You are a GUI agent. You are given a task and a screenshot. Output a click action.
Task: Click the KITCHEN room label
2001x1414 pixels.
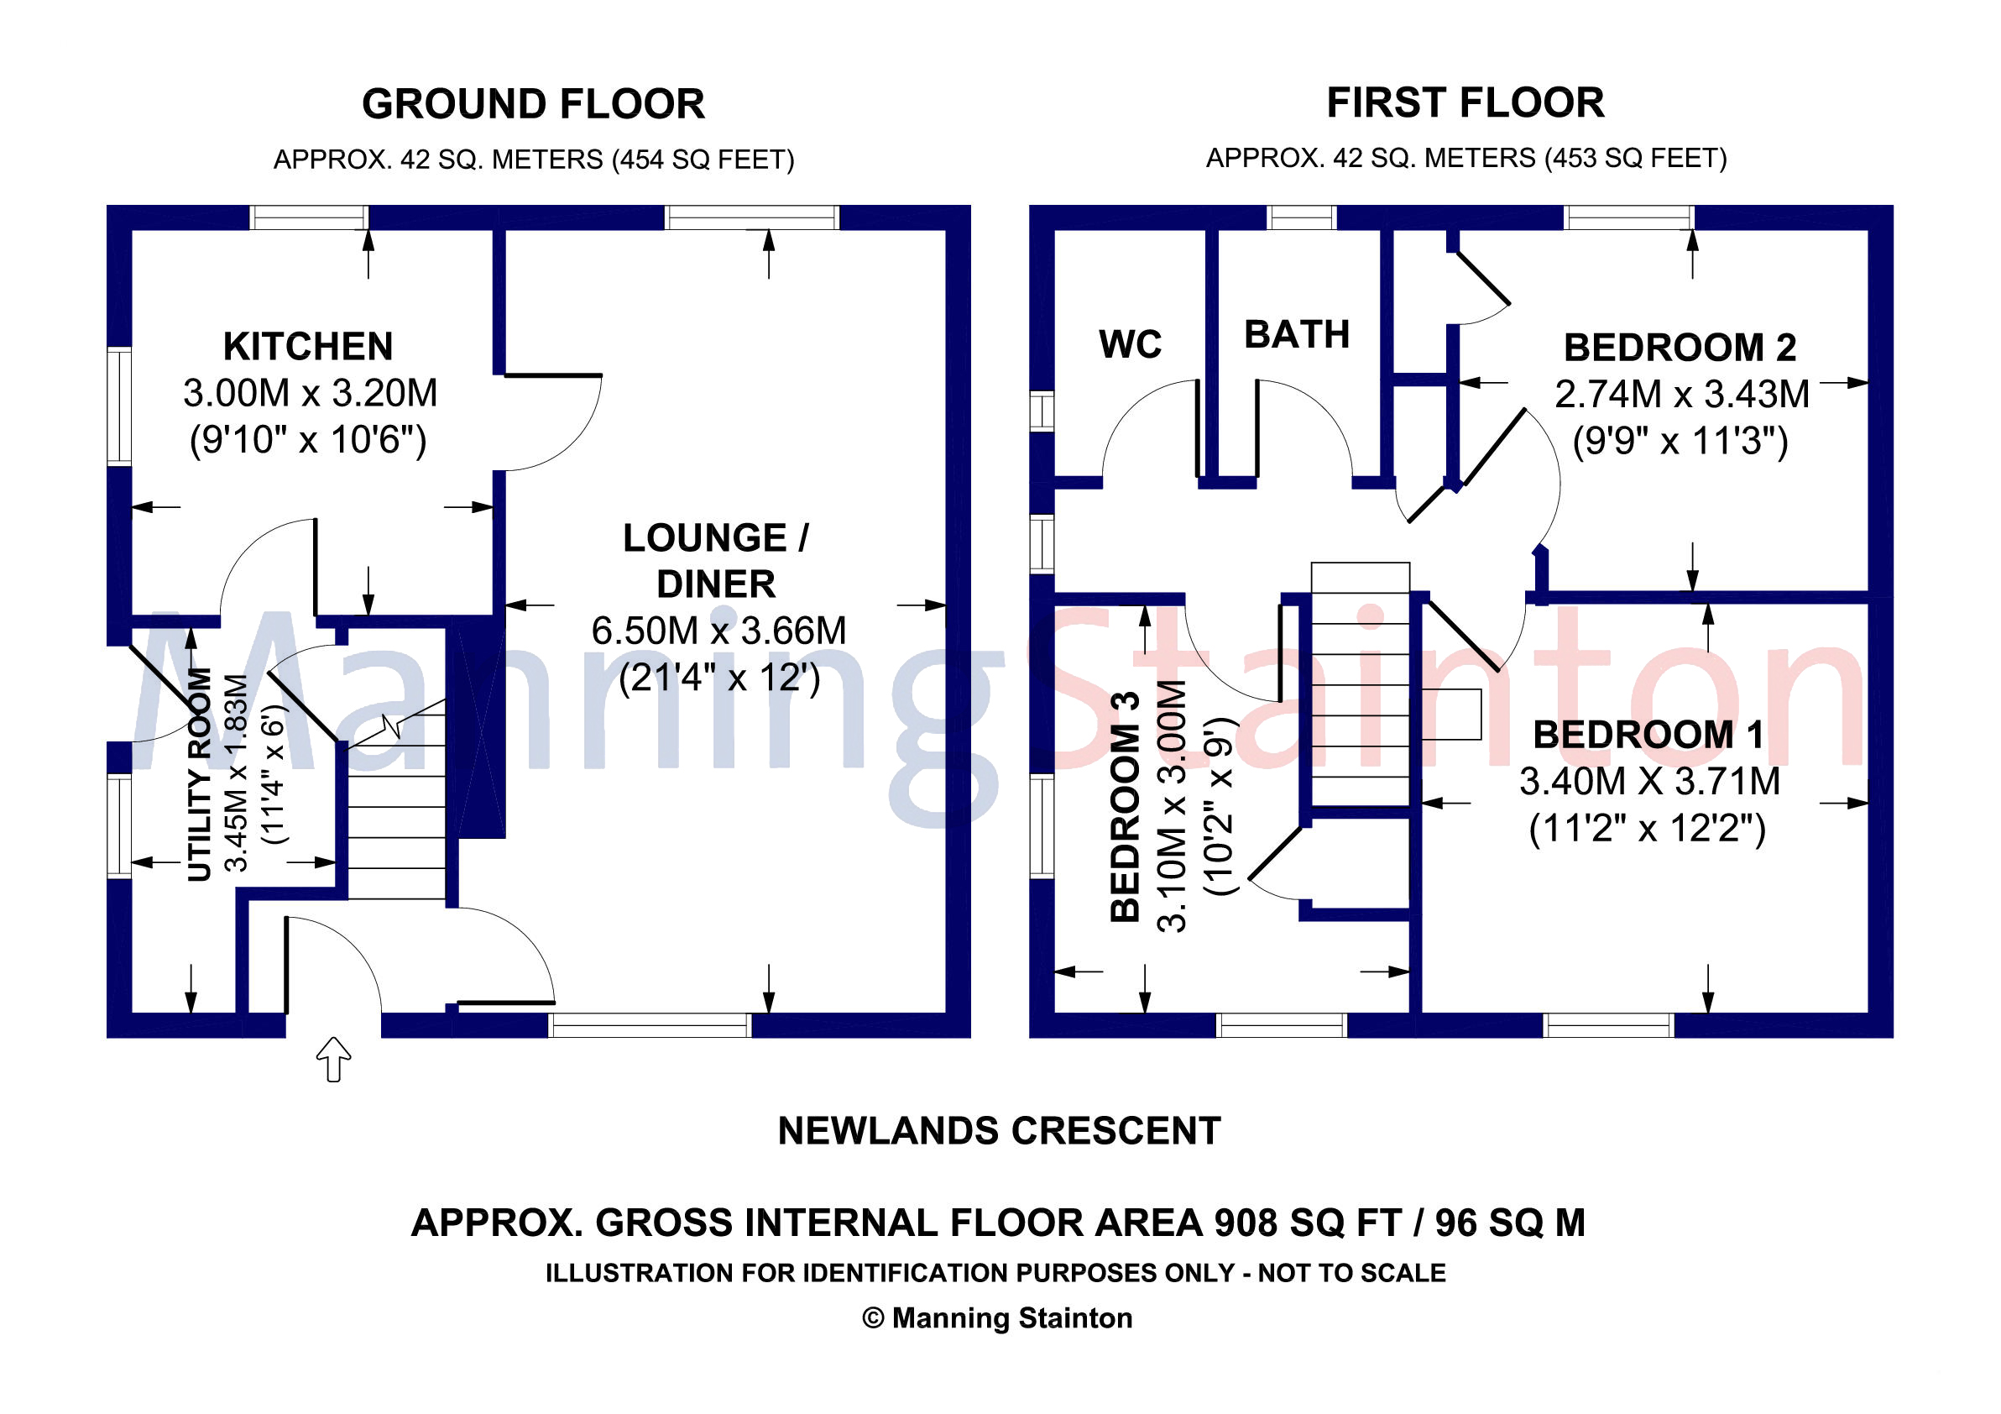(x=308, y=346)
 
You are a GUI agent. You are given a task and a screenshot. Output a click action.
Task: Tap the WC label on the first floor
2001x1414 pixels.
(x=1130, y=344)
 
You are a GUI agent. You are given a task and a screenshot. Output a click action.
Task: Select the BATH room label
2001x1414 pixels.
(x=1297, y=335)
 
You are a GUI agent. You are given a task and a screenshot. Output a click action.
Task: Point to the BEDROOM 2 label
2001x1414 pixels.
(x=1680, y=348)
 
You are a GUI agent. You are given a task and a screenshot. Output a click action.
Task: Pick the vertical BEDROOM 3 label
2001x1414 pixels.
(x=1125, y=806)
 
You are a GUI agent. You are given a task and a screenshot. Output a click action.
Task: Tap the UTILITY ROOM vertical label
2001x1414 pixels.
(x=200, y=774)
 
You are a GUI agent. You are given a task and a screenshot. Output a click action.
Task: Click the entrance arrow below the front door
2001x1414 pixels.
(x=333, y=1059)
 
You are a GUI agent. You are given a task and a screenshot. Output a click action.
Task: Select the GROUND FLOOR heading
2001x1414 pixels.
(x=533, y=104)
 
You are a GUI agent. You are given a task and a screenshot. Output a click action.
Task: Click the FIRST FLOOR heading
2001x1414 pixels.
(x=1465, y=103)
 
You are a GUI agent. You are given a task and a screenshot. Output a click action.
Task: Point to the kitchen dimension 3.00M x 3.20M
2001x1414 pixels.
(x=311, y=393)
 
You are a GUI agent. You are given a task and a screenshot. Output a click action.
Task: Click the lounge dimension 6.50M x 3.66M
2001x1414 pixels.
(x=719, y=631)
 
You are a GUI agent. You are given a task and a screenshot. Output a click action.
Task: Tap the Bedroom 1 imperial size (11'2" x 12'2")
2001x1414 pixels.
(x=1647, y=828)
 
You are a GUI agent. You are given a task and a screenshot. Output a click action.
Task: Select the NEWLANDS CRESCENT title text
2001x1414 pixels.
(x=999, y=1132)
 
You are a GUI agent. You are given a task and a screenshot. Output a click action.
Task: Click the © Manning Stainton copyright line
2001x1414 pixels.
(x=998, y=1318)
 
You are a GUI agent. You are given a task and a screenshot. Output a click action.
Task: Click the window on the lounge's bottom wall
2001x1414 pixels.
(x=650, y=1025)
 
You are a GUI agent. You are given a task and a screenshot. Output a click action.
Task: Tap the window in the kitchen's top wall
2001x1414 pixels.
(x=310, y=217)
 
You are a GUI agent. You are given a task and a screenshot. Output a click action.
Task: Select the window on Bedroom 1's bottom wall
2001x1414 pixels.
(x=1609, y=1025)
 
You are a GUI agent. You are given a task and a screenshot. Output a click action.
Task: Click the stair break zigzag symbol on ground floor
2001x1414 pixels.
(x=393, y=726)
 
